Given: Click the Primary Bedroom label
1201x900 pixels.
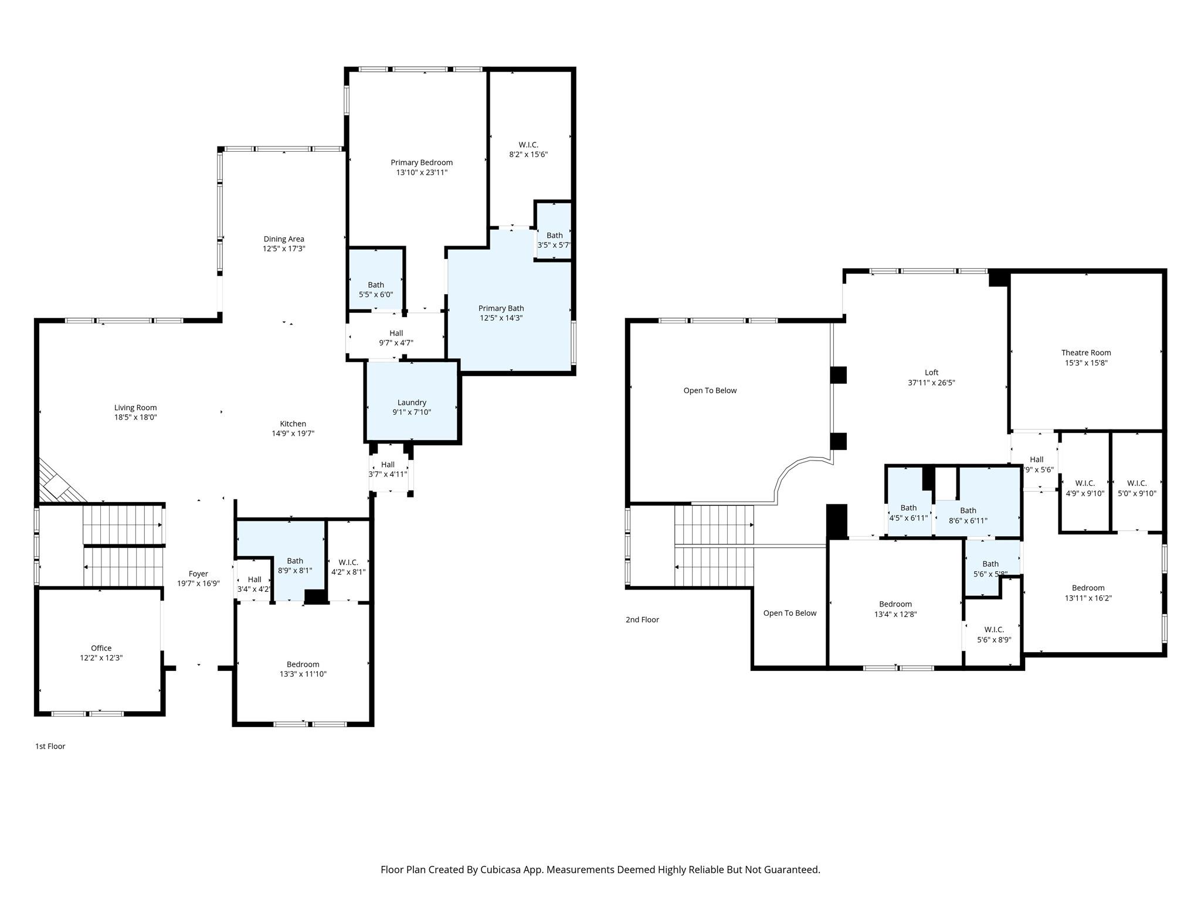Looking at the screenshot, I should (422, 162).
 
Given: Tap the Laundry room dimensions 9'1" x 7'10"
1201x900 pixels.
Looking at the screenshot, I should (412, 412).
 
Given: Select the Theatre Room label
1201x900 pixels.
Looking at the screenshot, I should (1085, 353).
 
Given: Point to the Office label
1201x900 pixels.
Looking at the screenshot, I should (101, 648).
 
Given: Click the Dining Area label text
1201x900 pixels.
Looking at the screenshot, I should (284, 239).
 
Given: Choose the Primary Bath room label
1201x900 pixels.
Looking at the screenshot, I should (501, 308).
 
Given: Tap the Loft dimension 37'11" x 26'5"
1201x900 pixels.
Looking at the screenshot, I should (931, 383).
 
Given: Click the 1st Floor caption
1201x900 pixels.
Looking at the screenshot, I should (50, 746).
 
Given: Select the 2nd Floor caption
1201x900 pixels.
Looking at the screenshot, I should (642, 619).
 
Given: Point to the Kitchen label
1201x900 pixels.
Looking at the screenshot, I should (293, 424).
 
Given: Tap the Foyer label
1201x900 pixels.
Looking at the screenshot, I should (198, 574).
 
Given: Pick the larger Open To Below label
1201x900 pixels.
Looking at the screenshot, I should (710, 390).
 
